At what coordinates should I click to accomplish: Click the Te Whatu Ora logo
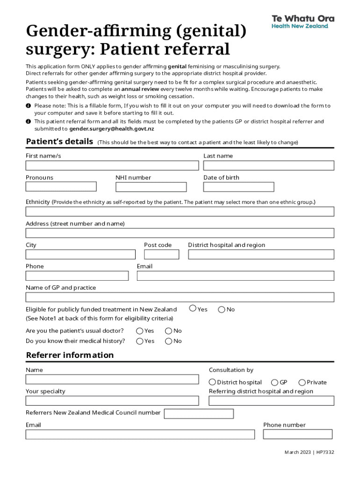[303, 22]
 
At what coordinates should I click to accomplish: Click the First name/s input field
[112, 166]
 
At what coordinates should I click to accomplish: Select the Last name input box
[268, 166]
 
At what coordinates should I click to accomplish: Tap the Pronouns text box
[61, 187]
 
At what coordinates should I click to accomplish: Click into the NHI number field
[151, 187]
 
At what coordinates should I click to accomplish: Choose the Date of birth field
[238, 187]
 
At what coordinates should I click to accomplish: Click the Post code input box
[161, 254]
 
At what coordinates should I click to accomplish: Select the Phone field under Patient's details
[77, 276]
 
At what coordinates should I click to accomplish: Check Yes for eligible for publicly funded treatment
[193, 308]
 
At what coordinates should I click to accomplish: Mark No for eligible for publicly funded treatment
[222, 309]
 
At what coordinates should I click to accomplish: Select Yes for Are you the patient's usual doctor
[140, 331]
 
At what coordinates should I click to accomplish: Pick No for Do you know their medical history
[168, 341]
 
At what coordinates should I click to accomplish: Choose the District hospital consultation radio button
[212, 382]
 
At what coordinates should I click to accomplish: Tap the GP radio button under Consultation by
[275, 382]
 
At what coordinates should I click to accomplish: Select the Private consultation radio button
[302, 382]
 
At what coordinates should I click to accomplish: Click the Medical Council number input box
[199, 414]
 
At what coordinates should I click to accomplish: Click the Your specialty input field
[112, 401]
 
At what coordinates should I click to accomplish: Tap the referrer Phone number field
[297, 435]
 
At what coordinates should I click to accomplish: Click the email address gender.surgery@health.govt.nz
[111, 129]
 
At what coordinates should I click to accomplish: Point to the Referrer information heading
[70, 355]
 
